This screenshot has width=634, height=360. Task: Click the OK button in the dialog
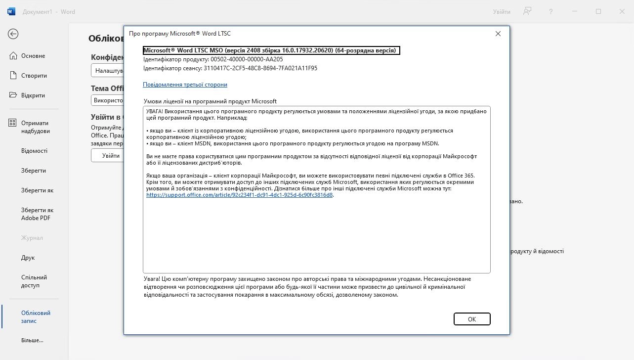click(x=471, y=319)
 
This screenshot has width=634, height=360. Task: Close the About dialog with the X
click(x=498, y=34)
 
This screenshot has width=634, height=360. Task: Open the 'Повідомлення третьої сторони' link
click(x=185, y=85)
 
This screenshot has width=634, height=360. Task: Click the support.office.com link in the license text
click(x=240, y=195)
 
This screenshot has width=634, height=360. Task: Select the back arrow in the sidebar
click(x=13, y=34)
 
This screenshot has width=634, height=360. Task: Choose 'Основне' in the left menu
click(x=33, y=56)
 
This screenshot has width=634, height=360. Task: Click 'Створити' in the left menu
click(x=34, y=76)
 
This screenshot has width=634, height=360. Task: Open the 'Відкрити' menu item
click(x=33, y=95)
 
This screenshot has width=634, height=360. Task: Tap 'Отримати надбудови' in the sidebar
click(x=35, y=127)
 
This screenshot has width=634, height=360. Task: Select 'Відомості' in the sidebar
click(x=34, y=151)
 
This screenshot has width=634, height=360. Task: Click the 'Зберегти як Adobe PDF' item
click(x=37, y=214)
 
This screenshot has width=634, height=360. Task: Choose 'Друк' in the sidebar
click(x=28, y=258)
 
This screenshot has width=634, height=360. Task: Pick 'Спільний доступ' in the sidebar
click(x=34, y=281)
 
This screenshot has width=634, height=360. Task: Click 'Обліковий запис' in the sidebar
click(x=36, y=317)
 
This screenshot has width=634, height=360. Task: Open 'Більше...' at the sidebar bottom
click(x=32, y=340)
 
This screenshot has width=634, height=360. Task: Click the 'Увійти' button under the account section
click(x=111, y=155)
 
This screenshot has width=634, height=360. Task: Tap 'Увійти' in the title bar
click(x=502, y=11)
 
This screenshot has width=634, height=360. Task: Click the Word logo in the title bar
click(x=11, y=11)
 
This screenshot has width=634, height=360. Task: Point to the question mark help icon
click(x=551, y=11)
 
